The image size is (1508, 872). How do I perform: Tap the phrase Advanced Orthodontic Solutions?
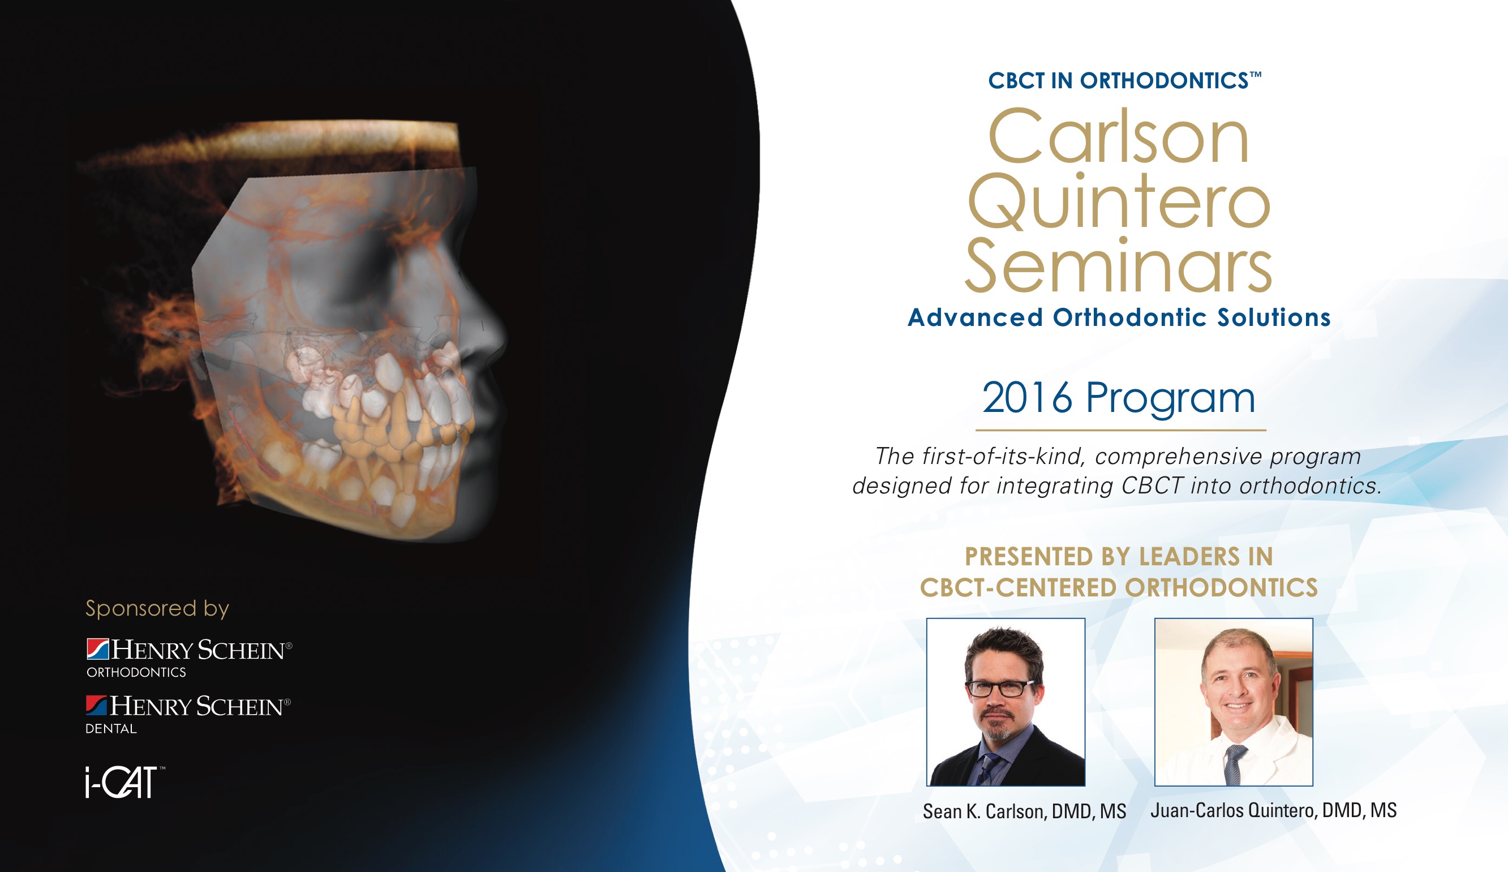point(1119,317)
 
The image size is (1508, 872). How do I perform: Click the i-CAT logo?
point(124,781)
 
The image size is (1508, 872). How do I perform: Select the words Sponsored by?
point(157,609)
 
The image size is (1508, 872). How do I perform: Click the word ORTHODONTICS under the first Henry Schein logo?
point(136,673)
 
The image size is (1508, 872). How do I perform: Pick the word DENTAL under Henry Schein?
point(111,729)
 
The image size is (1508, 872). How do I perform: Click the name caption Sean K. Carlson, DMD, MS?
point(1024,812)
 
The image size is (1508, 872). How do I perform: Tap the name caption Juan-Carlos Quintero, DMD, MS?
point(1273,811)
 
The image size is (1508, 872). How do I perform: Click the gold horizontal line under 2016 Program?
point(1121,429)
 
